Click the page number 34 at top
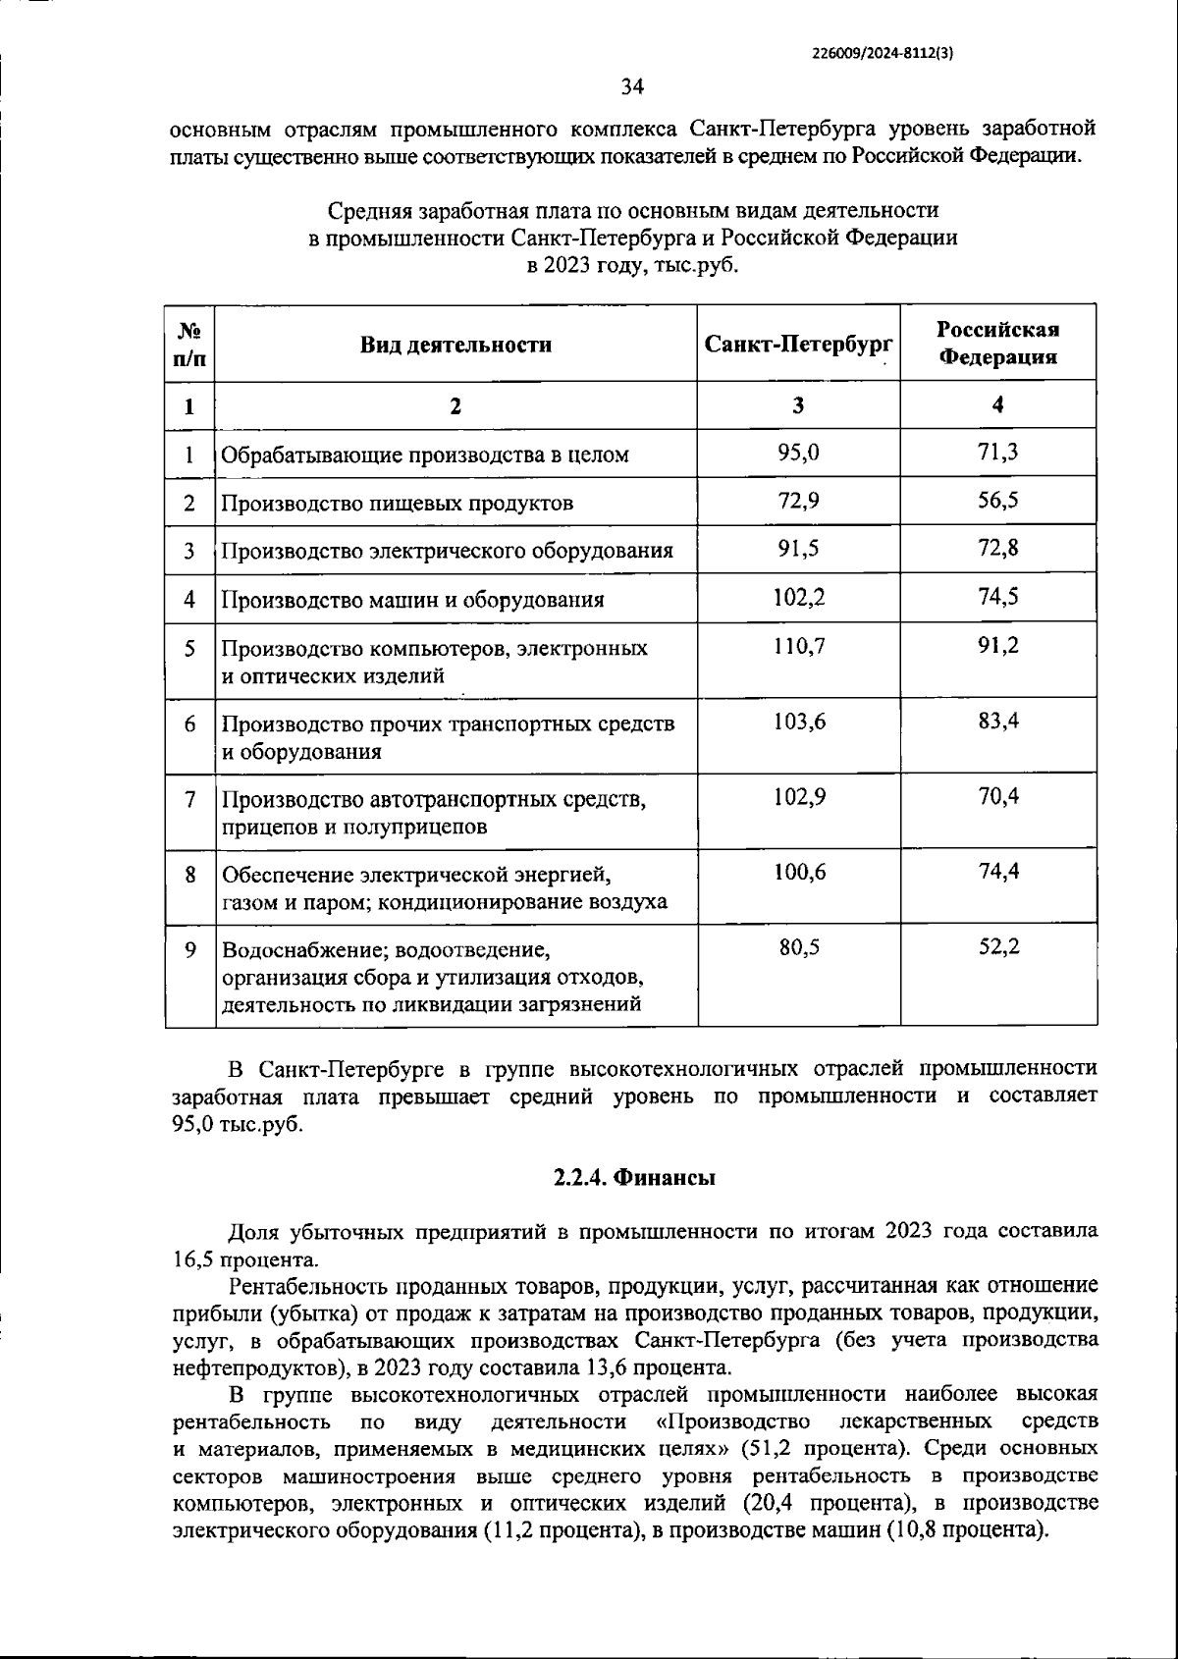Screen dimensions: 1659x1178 (x=632, y=88)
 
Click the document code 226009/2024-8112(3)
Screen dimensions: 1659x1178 (x=883, y=55)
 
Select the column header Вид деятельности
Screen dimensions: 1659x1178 (x=455, y=345)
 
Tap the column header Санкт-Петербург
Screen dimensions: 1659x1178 (x=798, y=344)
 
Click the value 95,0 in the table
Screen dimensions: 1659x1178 (x=798, y=453)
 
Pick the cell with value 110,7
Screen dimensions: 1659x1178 (x=798, y=647)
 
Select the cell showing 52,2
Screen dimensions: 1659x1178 (x=998, y=946)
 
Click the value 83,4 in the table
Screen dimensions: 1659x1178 (x=998, y=722)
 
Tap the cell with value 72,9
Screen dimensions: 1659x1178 (x=798, y=501)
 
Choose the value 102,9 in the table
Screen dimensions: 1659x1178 (x=798, y=797)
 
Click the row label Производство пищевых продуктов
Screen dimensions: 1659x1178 (x=397, y=504)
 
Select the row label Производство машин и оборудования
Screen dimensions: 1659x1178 (x=412, y=600)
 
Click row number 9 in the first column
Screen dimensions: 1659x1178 (x=190, y=949)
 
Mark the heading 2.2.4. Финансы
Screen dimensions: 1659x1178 (x=633, y=1178)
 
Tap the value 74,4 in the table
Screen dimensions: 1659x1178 (x=998, y=871)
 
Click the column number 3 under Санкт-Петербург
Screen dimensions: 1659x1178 (x=798, y=405)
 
